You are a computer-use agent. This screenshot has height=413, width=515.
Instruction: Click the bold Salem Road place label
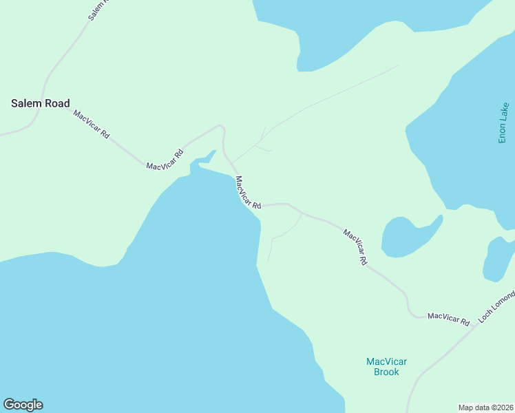click(41, 103)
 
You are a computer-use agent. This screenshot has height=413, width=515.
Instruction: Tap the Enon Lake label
click(504, 123)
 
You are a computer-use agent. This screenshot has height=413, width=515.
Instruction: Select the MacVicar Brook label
click(386, 367)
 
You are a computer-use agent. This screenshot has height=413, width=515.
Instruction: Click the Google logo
click(23, 405)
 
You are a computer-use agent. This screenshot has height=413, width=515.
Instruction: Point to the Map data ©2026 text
click(485, 407)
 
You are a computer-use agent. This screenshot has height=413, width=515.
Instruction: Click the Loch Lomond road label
click(496, 308)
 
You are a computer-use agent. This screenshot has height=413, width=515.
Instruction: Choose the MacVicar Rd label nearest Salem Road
click(92, 125)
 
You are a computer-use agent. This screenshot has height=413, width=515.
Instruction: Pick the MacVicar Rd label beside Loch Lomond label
click(448, 319)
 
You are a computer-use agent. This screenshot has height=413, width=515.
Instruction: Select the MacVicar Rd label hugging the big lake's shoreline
click(248, 193)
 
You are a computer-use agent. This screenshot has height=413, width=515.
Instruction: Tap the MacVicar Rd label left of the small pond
click(356, 247)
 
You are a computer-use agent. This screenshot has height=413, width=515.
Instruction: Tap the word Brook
click(386, 372)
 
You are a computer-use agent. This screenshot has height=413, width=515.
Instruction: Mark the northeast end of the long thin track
click(399, 66)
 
